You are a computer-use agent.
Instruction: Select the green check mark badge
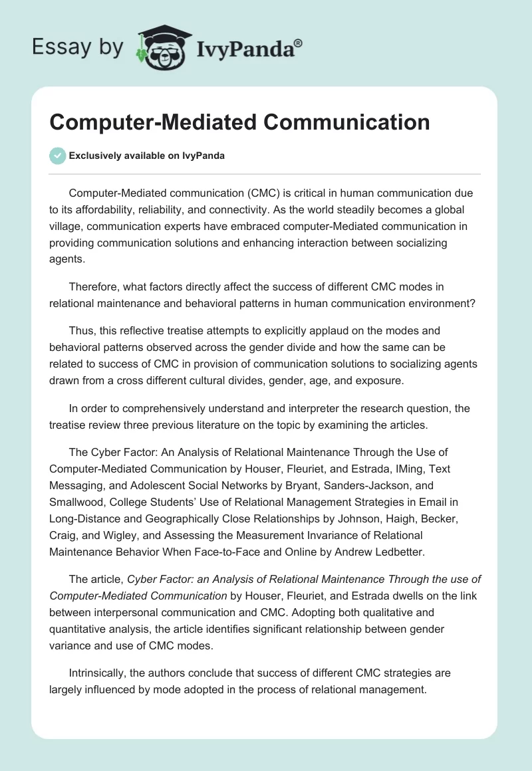[57, 156]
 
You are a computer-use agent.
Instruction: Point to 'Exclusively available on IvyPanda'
[146, 156]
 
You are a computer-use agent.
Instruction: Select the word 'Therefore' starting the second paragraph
[93, 286]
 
